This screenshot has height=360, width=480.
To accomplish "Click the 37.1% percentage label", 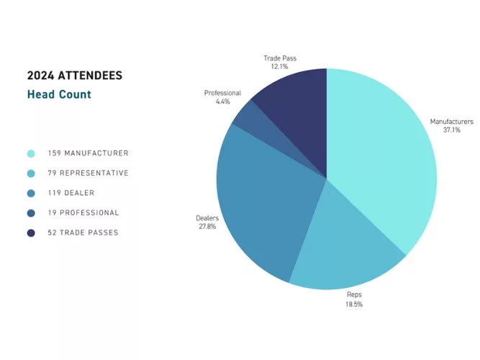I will (451, 130).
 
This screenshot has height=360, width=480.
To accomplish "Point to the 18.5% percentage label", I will (353, 305).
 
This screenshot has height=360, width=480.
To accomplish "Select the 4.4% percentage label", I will (222, 102).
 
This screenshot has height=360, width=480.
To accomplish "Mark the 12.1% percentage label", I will (279, 66).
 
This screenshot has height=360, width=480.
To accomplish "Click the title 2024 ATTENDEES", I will (74, 76).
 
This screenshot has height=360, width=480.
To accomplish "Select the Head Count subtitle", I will (59, 94).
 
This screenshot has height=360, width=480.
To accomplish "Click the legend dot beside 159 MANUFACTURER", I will (31, 153).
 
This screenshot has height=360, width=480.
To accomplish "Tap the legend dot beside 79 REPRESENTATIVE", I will (31, 174).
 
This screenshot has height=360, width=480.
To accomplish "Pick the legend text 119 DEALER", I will (71, 193).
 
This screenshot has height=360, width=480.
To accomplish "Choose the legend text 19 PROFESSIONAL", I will (83, 213).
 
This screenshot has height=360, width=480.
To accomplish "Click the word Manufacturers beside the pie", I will (451, 122).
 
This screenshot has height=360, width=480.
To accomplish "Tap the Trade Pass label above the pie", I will (279, 58).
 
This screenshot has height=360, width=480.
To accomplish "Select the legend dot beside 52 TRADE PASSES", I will (31, 233).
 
